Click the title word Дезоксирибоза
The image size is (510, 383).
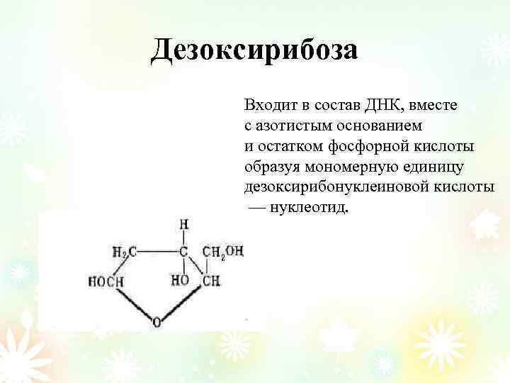click(x=255, y=50)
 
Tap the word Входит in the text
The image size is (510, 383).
click(x=268, y=106)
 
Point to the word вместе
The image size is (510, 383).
click(x=433, y=106)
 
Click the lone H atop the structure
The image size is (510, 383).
click(x=183, y=225)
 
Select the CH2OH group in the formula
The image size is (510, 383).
click(x=222, y=251)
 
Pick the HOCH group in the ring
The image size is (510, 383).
click(x=106, y=282)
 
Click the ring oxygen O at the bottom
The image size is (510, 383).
click(x=157, y=323)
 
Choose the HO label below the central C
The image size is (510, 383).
click(x=180, y=281)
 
